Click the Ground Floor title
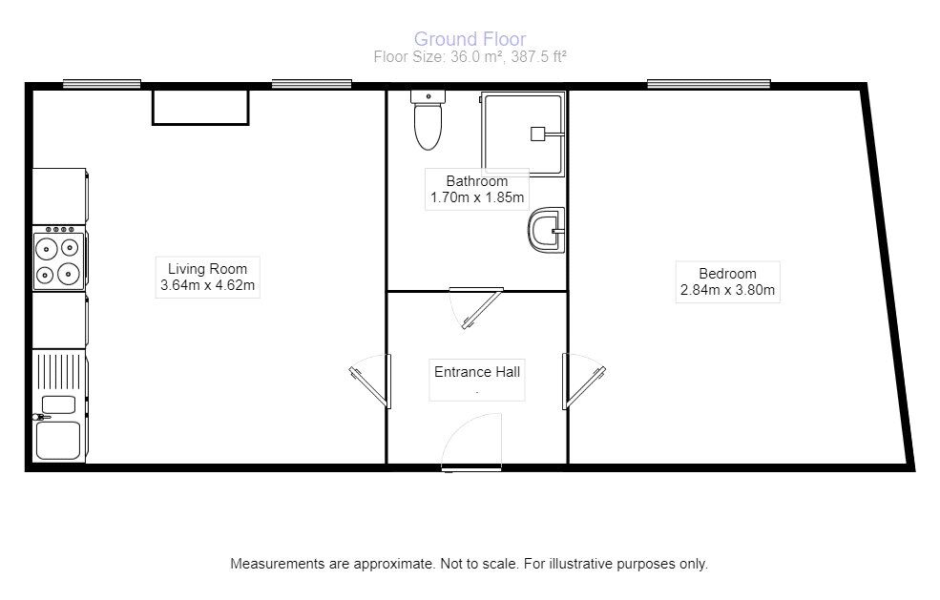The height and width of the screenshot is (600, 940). point(469,39)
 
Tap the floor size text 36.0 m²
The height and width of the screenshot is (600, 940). point(469,56)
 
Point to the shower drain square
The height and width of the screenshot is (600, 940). point(537,134)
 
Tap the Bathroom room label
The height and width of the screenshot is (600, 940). point(476,181)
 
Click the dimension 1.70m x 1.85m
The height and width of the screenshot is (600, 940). point(476,198)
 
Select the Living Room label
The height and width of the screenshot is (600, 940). point(207,269)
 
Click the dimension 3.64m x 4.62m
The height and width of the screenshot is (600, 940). point(207,286)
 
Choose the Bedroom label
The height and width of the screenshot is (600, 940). point(728,274)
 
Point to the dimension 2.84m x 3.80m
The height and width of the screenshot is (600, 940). point(728,291)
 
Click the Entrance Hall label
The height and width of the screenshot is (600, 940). point(476,372)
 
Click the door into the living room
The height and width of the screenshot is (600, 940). point(370,382)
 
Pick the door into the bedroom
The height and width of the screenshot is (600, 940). point(583,382)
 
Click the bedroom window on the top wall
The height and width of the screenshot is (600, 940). point(708,84)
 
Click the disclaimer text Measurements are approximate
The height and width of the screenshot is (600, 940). point(469,564)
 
